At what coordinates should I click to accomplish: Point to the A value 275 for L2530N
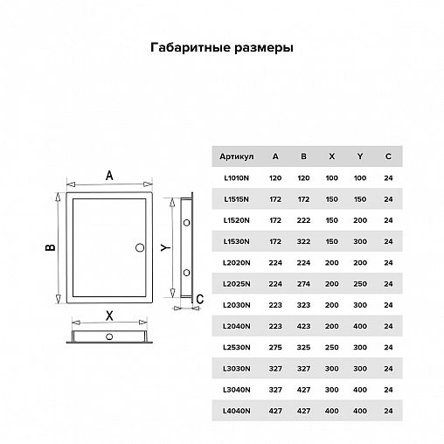[275, 347]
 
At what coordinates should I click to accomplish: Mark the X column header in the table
[331, 156]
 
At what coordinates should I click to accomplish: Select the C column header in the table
[388, 156]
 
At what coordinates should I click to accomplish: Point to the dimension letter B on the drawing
[50, 249]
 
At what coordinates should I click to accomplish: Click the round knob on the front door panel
[139, 248]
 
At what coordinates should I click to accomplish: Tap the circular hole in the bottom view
[108, 336]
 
